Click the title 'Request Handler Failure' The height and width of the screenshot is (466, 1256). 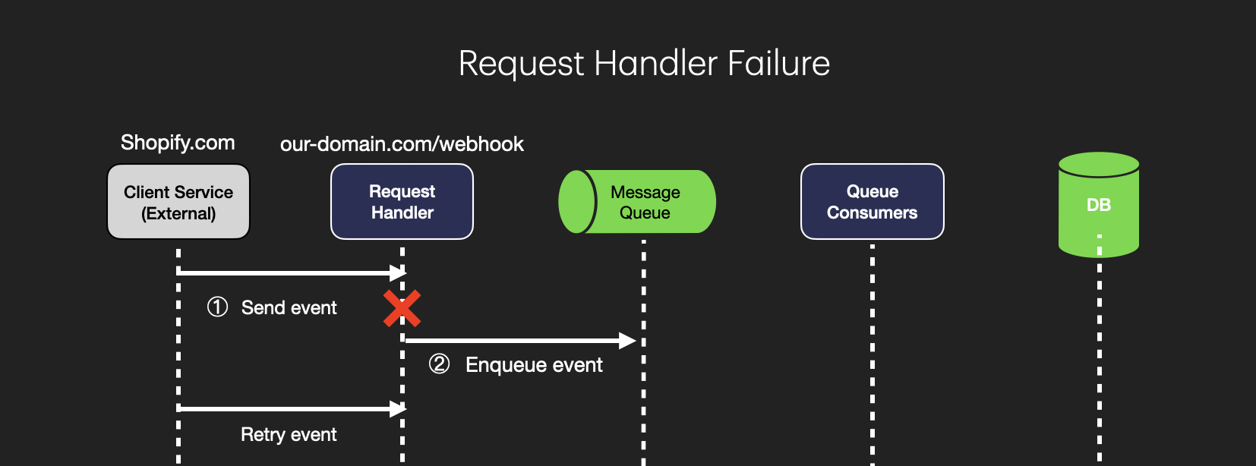pos(644,63)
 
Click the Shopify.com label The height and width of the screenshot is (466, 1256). pos(178,143)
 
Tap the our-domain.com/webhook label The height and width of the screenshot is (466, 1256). pos(402,144)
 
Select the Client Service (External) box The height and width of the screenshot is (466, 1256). pos(178,202)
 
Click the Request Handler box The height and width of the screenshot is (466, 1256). pos(402,202)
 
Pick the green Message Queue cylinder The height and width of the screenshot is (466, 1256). pos(638,202)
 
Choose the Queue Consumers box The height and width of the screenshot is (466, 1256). pos(872,202)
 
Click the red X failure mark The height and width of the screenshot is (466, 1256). pos(402,308)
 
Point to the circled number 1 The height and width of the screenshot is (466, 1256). pos(217,307)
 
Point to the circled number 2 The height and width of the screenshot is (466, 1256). pos(439,364)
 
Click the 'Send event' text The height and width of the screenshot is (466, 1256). pos(289,307)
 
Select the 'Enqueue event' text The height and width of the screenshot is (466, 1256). pos(534,365)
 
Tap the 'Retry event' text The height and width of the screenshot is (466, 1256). pos(289,434)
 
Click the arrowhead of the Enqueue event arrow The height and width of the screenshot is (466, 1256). pos(626,341)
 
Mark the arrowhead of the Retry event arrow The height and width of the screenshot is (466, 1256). pos(397,408)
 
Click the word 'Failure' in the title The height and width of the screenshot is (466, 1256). pos(778,63)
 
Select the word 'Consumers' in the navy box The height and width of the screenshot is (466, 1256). pos(872,213)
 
